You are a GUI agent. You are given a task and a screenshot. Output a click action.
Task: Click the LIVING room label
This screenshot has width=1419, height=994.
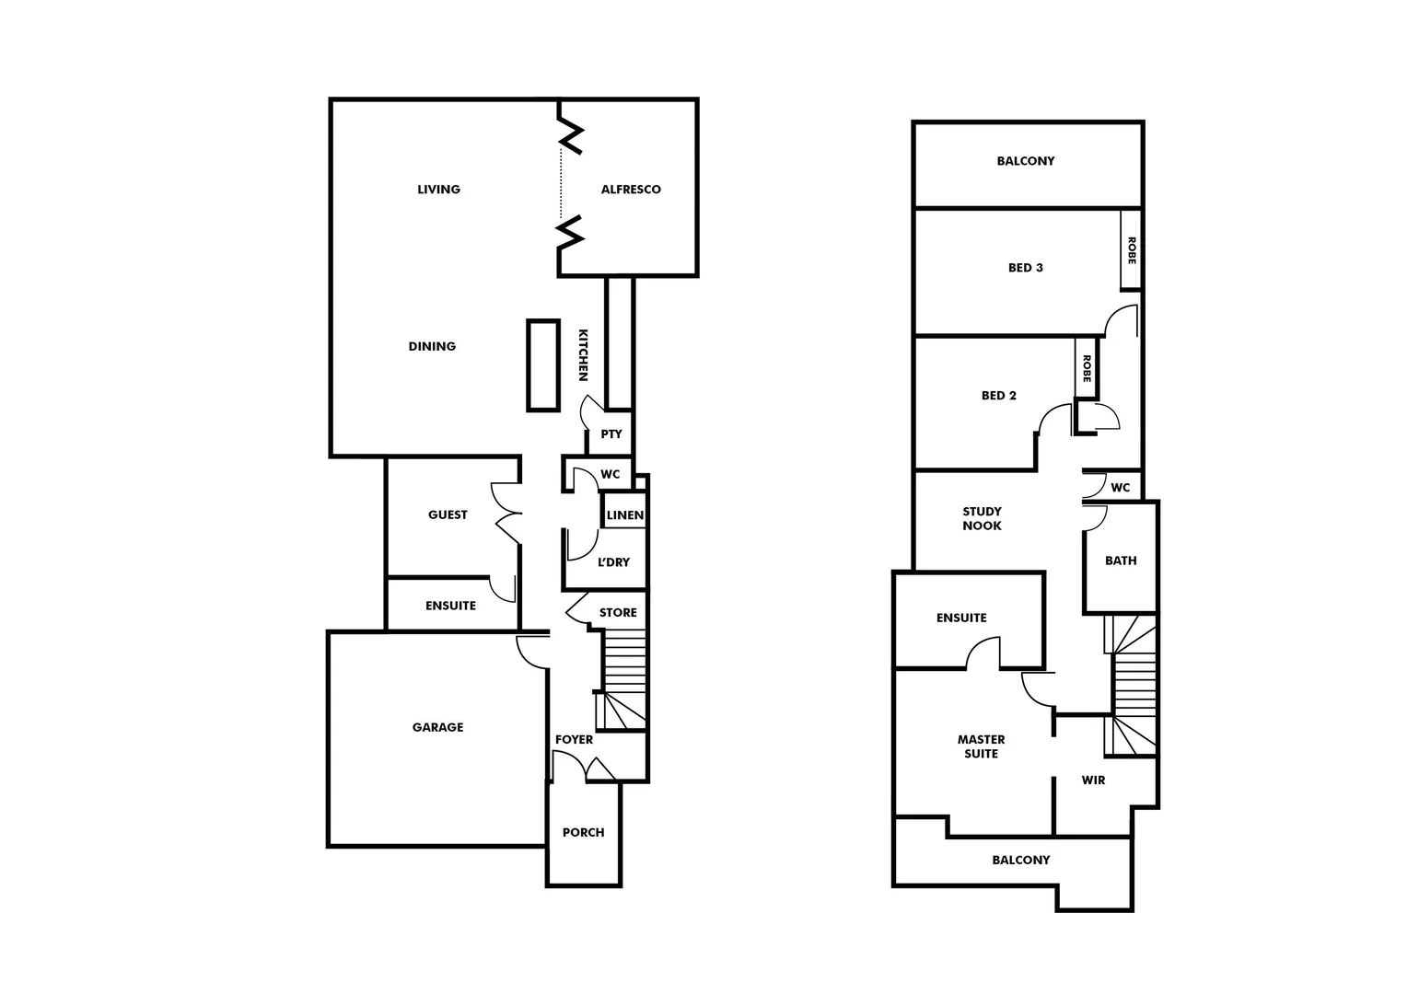tap(438, 190)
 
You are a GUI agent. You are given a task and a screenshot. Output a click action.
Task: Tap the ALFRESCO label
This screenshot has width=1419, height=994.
tap(631, 190)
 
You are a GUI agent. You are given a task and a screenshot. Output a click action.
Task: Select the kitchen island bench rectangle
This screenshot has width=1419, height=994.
tap(543, 365)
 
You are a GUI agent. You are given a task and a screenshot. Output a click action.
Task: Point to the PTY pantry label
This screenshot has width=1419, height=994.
tap(611, 434)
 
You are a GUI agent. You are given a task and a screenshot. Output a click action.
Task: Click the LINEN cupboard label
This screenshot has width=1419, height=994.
tap(625, 515)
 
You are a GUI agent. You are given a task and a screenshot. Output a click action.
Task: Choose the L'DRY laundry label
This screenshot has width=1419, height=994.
tap(613, 562)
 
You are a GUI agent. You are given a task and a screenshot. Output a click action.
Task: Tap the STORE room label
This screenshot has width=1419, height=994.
tap(618, 613)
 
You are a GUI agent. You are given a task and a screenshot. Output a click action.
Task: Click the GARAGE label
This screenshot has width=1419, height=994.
tap(437, 728)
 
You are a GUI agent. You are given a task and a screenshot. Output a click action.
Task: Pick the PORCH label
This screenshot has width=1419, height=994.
tap(584, 833)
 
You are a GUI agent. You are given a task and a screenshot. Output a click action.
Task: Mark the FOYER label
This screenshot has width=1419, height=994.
tap(574, 740)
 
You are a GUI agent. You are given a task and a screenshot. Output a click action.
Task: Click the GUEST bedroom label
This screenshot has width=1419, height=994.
tap(448, 515)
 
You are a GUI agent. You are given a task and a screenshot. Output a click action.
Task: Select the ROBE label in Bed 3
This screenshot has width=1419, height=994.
tap(1132, 250)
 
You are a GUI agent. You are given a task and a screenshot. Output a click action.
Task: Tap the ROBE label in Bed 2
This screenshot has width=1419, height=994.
tap(1087, 369)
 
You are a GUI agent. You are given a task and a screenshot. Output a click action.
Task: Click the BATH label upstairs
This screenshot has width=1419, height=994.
tap(1121, 561)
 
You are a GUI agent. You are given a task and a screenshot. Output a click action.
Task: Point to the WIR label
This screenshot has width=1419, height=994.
tap(1093, 780)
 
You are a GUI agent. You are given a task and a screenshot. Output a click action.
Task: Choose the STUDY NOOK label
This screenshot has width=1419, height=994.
tap(982, 519)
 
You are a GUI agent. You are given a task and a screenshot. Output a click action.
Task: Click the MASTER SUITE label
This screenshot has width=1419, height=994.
tap(981, 746)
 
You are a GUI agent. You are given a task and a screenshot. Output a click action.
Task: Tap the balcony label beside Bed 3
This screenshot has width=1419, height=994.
tap(1026, 161)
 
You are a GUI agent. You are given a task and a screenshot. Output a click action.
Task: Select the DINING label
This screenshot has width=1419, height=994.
tap(432, 347)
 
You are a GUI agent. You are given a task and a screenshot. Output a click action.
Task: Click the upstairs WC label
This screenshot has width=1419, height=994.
tap(1120, 488)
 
